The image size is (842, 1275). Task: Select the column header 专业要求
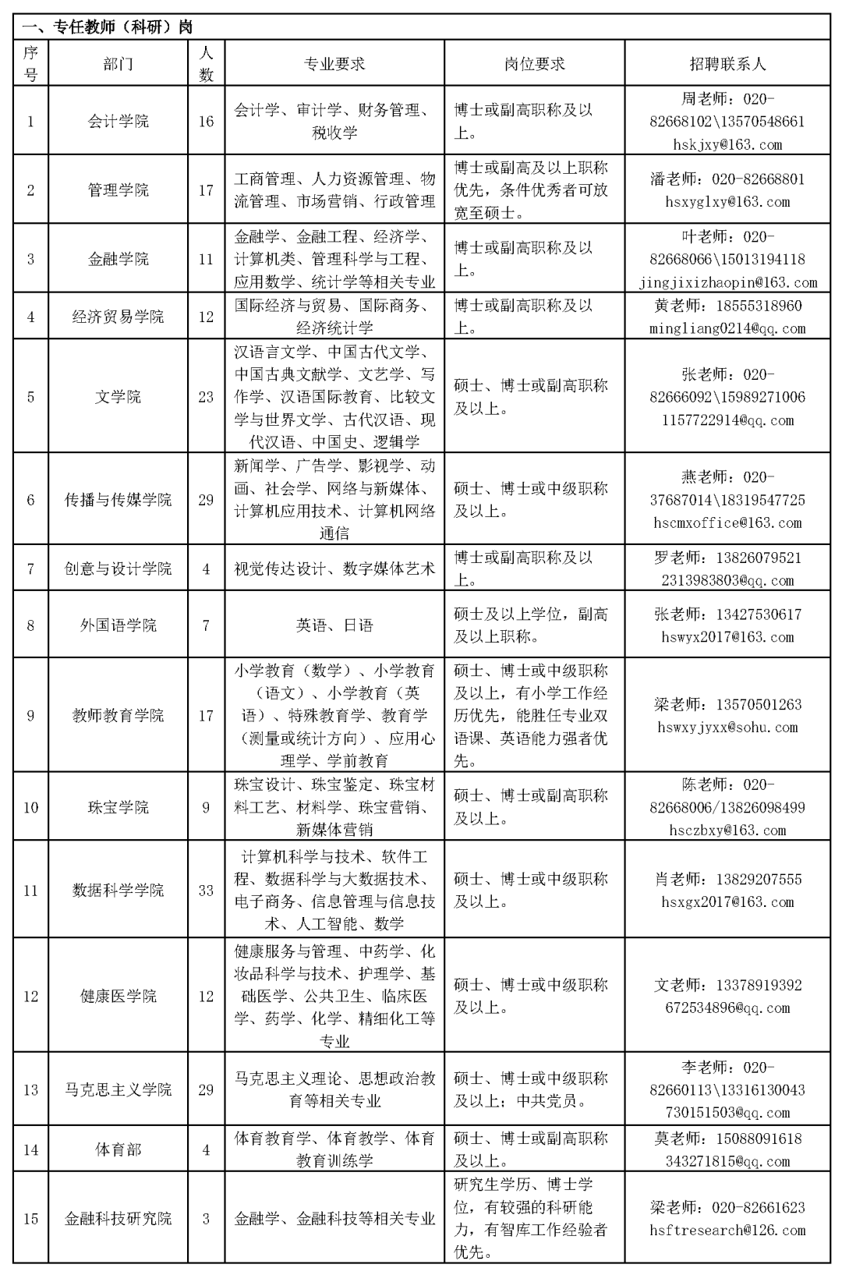click(x=334, y=64)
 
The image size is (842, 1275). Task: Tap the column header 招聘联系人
click(x=727, y=64)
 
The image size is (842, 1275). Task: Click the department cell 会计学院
click(x=118, y=121)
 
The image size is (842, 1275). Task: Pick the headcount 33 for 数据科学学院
click(x=206, y=890)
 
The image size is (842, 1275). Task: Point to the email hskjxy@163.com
click(x=727, y=144)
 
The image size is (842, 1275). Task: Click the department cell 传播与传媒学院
click(x=118, y=500)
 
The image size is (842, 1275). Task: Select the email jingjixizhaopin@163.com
click(x=727, y=282)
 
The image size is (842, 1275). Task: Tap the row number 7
click(x=30, y=568)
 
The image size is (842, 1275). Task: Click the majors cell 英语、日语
click(x=334, y=625)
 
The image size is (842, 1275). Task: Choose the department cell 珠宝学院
click(x=118, y=807)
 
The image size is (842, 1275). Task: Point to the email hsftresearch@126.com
click(x=727, y=1230)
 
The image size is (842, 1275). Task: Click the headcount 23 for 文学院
click(x=206, y=397)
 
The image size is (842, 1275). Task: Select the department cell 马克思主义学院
click(x=118, y=1089)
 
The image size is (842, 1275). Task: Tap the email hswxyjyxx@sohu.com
click(x=727, y=727)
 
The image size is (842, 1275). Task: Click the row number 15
click(x=30, y=1218)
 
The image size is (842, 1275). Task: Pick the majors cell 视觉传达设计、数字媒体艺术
click(x=334, y=568)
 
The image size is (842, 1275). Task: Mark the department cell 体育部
click(x=118, y=1149)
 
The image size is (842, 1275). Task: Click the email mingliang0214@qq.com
click(x=727, y=328)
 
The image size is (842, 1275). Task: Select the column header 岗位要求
click(x=534, y=64)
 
